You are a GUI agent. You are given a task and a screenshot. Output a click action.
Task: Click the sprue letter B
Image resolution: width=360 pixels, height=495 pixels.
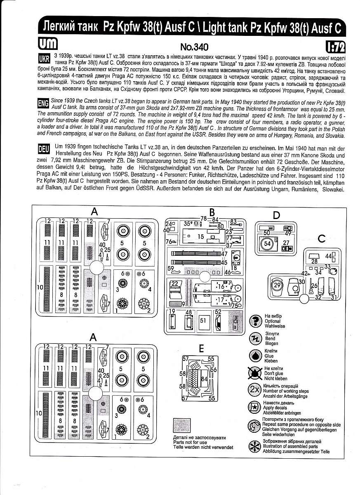pos(212,212)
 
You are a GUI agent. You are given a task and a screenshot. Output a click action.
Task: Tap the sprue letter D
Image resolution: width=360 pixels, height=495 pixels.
pos(276,215)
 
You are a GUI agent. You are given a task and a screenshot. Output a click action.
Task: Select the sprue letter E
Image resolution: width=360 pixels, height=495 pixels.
pos(201,349)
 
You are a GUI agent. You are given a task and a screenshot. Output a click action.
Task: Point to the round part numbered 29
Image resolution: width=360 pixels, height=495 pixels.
pos(277,285)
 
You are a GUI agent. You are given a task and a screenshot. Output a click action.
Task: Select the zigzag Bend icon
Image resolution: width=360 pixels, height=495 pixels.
pos(256,338)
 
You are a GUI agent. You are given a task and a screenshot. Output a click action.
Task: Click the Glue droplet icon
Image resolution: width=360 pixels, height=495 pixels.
pos(256,355)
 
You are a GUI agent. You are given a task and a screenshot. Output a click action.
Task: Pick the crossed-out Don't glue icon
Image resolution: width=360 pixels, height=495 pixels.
pos(256,372)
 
